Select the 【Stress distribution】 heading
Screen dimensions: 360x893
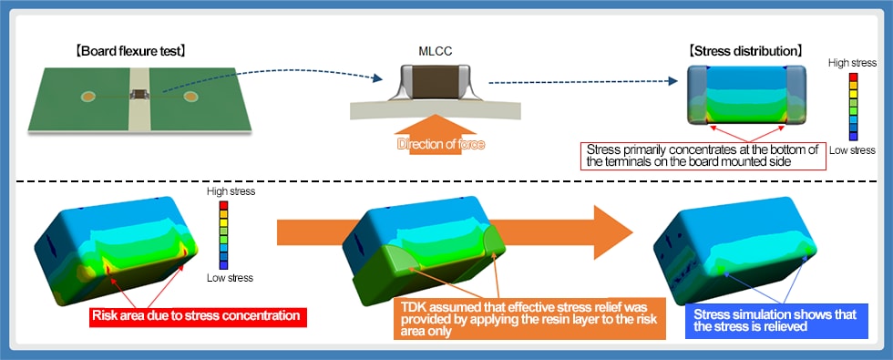tap(745, 50)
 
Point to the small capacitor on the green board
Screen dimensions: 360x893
tap(139, 94)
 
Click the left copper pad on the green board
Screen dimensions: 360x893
tap(88, 95)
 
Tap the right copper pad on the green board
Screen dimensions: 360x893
tap(190, 95)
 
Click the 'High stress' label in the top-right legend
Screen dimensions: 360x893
tap(852, 63)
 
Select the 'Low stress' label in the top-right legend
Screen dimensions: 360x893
tap(852, 149)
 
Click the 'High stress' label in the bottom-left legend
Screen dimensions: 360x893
tap(231, 191)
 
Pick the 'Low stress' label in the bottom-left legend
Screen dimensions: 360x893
tap(231, 277)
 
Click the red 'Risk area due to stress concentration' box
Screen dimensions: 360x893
tap(197, 317)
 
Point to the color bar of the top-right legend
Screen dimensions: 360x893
tap(852, 106)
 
